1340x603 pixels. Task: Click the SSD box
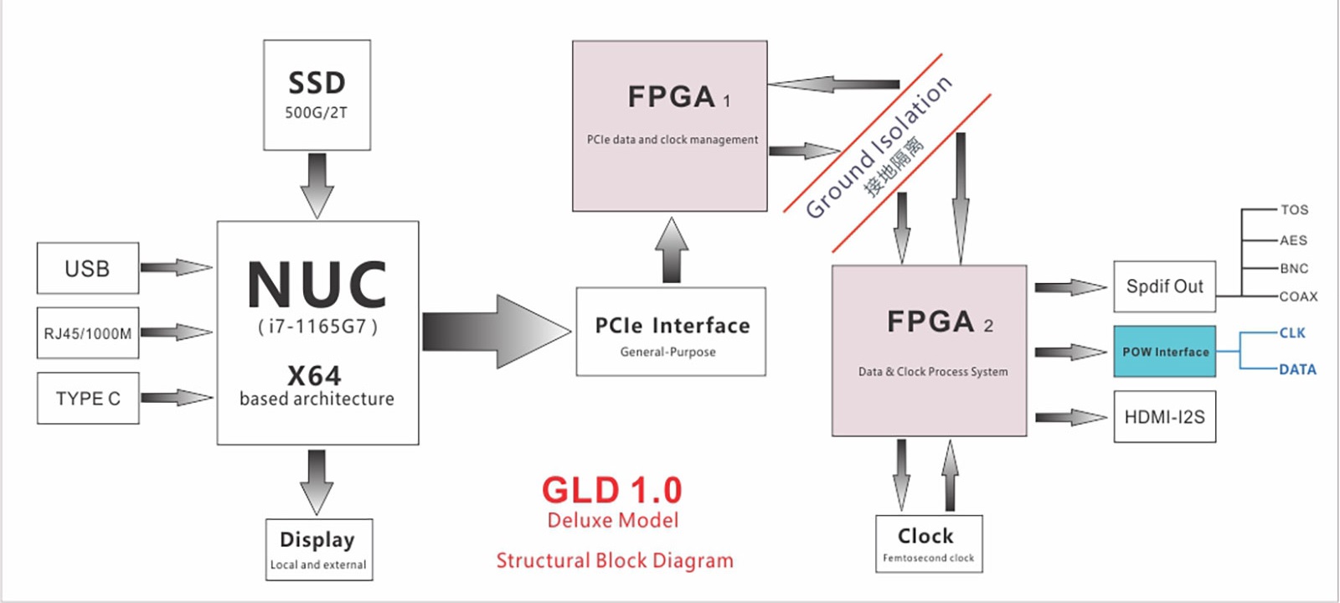317,95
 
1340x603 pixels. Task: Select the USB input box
88,268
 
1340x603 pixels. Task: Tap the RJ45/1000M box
88,333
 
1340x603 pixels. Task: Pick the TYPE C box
88,399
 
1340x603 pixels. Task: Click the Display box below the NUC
319,549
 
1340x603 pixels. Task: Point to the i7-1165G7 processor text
317,326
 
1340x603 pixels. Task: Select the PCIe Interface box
671,332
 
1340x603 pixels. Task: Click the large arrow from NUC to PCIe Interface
497,332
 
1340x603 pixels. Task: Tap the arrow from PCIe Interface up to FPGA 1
672,250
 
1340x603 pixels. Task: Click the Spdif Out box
1165,286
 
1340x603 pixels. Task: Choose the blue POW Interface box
1165,351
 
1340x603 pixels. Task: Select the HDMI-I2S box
1165,417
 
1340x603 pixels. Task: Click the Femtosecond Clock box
929,544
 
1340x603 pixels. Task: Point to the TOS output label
1294,210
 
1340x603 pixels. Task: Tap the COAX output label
1298,296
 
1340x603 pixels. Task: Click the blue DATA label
1297,369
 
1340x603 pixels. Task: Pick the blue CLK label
1292,333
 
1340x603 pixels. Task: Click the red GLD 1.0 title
612,491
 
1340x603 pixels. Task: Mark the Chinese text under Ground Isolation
894,167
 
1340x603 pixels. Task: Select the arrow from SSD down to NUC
317,186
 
